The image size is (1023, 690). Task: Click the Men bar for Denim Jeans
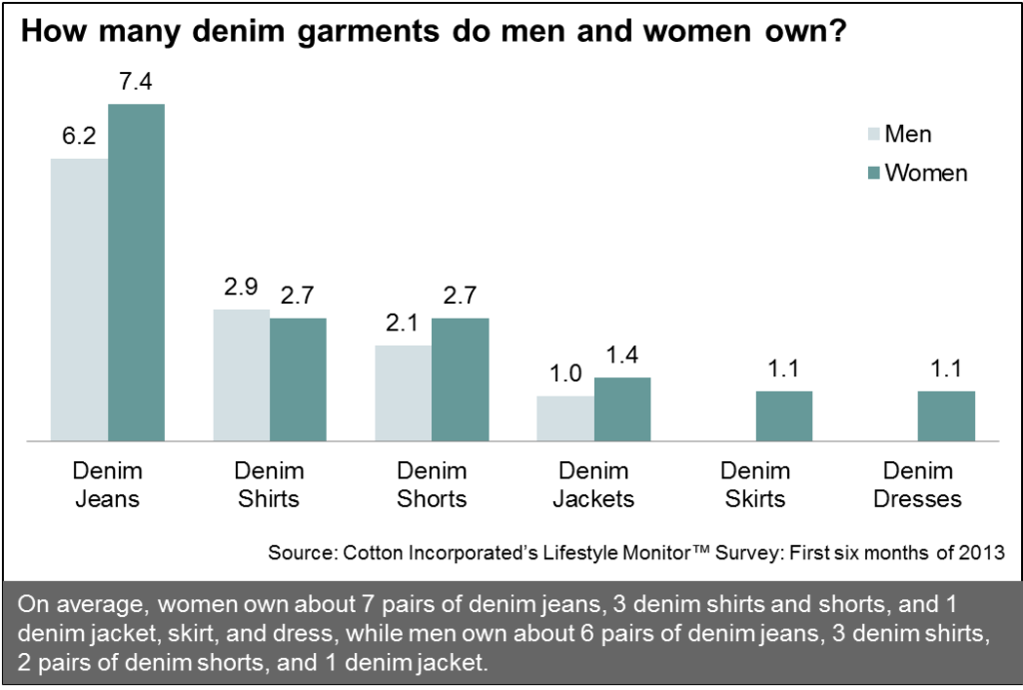click(x=79, y=299)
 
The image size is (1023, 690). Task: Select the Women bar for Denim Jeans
click(x=136, y=272)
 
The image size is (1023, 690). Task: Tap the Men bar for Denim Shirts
click(x=242, y=374)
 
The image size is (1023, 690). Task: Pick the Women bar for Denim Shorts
click(x=461, y=378)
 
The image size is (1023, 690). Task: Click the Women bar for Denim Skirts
click(x=784, y=414)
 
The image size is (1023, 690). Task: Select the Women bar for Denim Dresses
click(x=946, y=414)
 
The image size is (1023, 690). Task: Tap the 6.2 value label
click(x=78, y=138)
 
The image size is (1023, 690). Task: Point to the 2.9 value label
click(x=241, y=289)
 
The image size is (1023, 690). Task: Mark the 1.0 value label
click(x=565, y=375)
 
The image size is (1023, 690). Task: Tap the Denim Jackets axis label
click(x=593, y=484)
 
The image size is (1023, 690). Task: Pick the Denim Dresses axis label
click(x=918, y=484)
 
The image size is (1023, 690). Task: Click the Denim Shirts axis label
click(x=269, y=484)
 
